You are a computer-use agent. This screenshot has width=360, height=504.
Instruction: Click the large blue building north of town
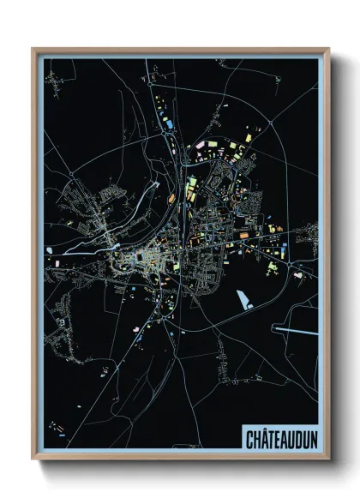click(x=169, y=126)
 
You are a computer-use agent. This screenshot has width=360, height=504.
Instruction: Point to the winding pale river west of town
click(x=94, y=243)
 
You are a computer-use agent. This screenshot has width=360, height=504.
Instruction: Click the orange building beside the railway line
click(x=171, y=198)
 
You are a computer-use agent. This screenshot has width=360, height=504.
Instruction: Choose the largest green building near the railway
click(x=192, y=182)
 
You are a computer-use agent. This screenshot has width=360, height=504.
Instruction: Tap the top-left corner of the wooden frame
click(x=33, y=49)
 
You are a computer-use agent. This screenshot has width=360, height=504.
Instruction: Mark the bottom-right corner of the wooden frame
click(x=329, y=459)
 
